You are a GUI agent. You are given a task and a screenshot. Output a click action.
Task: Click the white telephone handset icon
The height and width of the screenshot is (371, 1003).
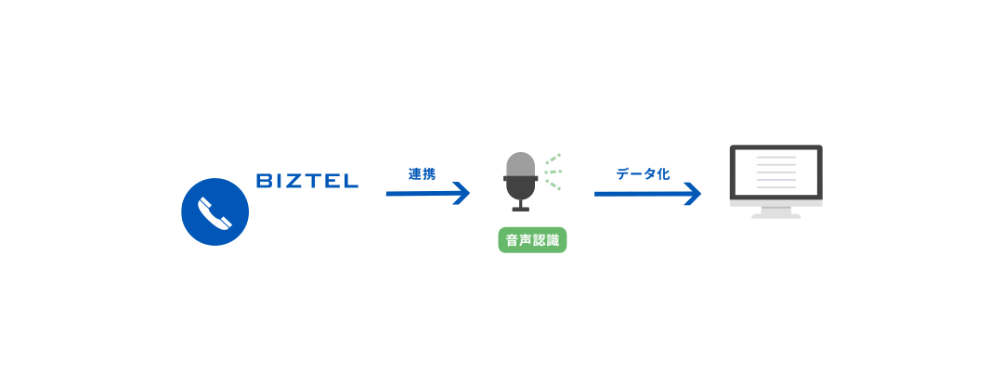215,212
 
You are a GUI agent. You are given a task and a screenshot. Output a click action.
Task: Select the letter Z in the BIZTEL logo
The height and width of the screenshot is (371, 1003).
297,181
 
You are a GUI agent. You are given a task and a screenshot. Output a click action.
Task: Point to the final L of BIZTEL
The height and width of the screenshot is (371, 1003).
350,181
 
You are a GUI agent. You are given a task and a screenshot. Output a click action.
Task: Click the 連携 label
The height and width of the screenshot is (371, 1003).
423,173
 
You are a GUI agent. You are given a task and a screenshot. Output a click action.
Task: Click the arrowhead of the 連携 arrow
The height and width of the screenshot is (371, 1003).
462,193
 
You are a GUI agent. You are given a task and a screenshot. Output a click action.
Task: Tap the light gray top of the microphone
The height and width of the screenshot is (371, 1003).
521,164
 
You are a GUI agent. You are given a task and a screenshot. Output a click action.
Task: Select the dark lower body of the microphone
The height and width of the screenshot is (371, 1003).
521,187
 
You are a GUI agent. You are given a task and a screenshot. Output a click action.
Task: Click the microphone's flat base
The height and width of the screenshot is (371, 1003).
521,209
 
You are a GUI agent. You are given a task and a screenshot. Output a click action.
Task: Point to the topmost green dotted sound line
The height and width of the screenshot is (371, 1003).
554,158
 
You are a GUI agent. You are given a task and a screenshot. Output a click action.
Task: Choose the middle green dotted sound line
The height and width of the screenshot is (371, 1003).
554,172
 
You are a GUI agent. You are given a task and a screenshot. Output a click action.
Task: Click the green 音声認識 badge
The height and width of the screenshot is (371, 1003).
532,241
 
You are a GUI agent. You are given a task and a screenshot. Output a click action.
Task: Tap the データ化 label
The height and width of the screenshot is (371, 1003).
643,173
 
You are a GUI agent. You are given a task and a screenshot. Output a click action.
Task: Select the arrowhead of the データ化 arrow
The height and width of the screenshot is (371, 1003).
693,194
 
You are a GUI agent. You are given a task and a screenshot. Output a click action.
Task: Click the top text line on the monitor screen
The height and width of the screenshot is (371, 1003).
775,157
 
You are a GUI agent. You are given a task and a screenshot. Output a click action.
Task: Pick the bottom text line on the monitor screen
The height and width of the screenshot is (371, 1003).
775,187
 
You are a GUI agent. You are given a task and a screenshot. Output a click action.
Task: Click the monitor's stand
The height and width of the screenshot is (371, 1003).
775,212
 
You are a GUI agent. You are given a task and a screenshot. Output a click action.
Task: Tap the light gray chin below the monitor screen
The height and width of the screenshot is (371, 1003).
775,203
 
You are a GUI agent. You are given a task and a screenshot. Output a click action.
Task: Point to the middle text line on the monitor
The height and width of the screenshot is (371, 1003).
775,172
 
